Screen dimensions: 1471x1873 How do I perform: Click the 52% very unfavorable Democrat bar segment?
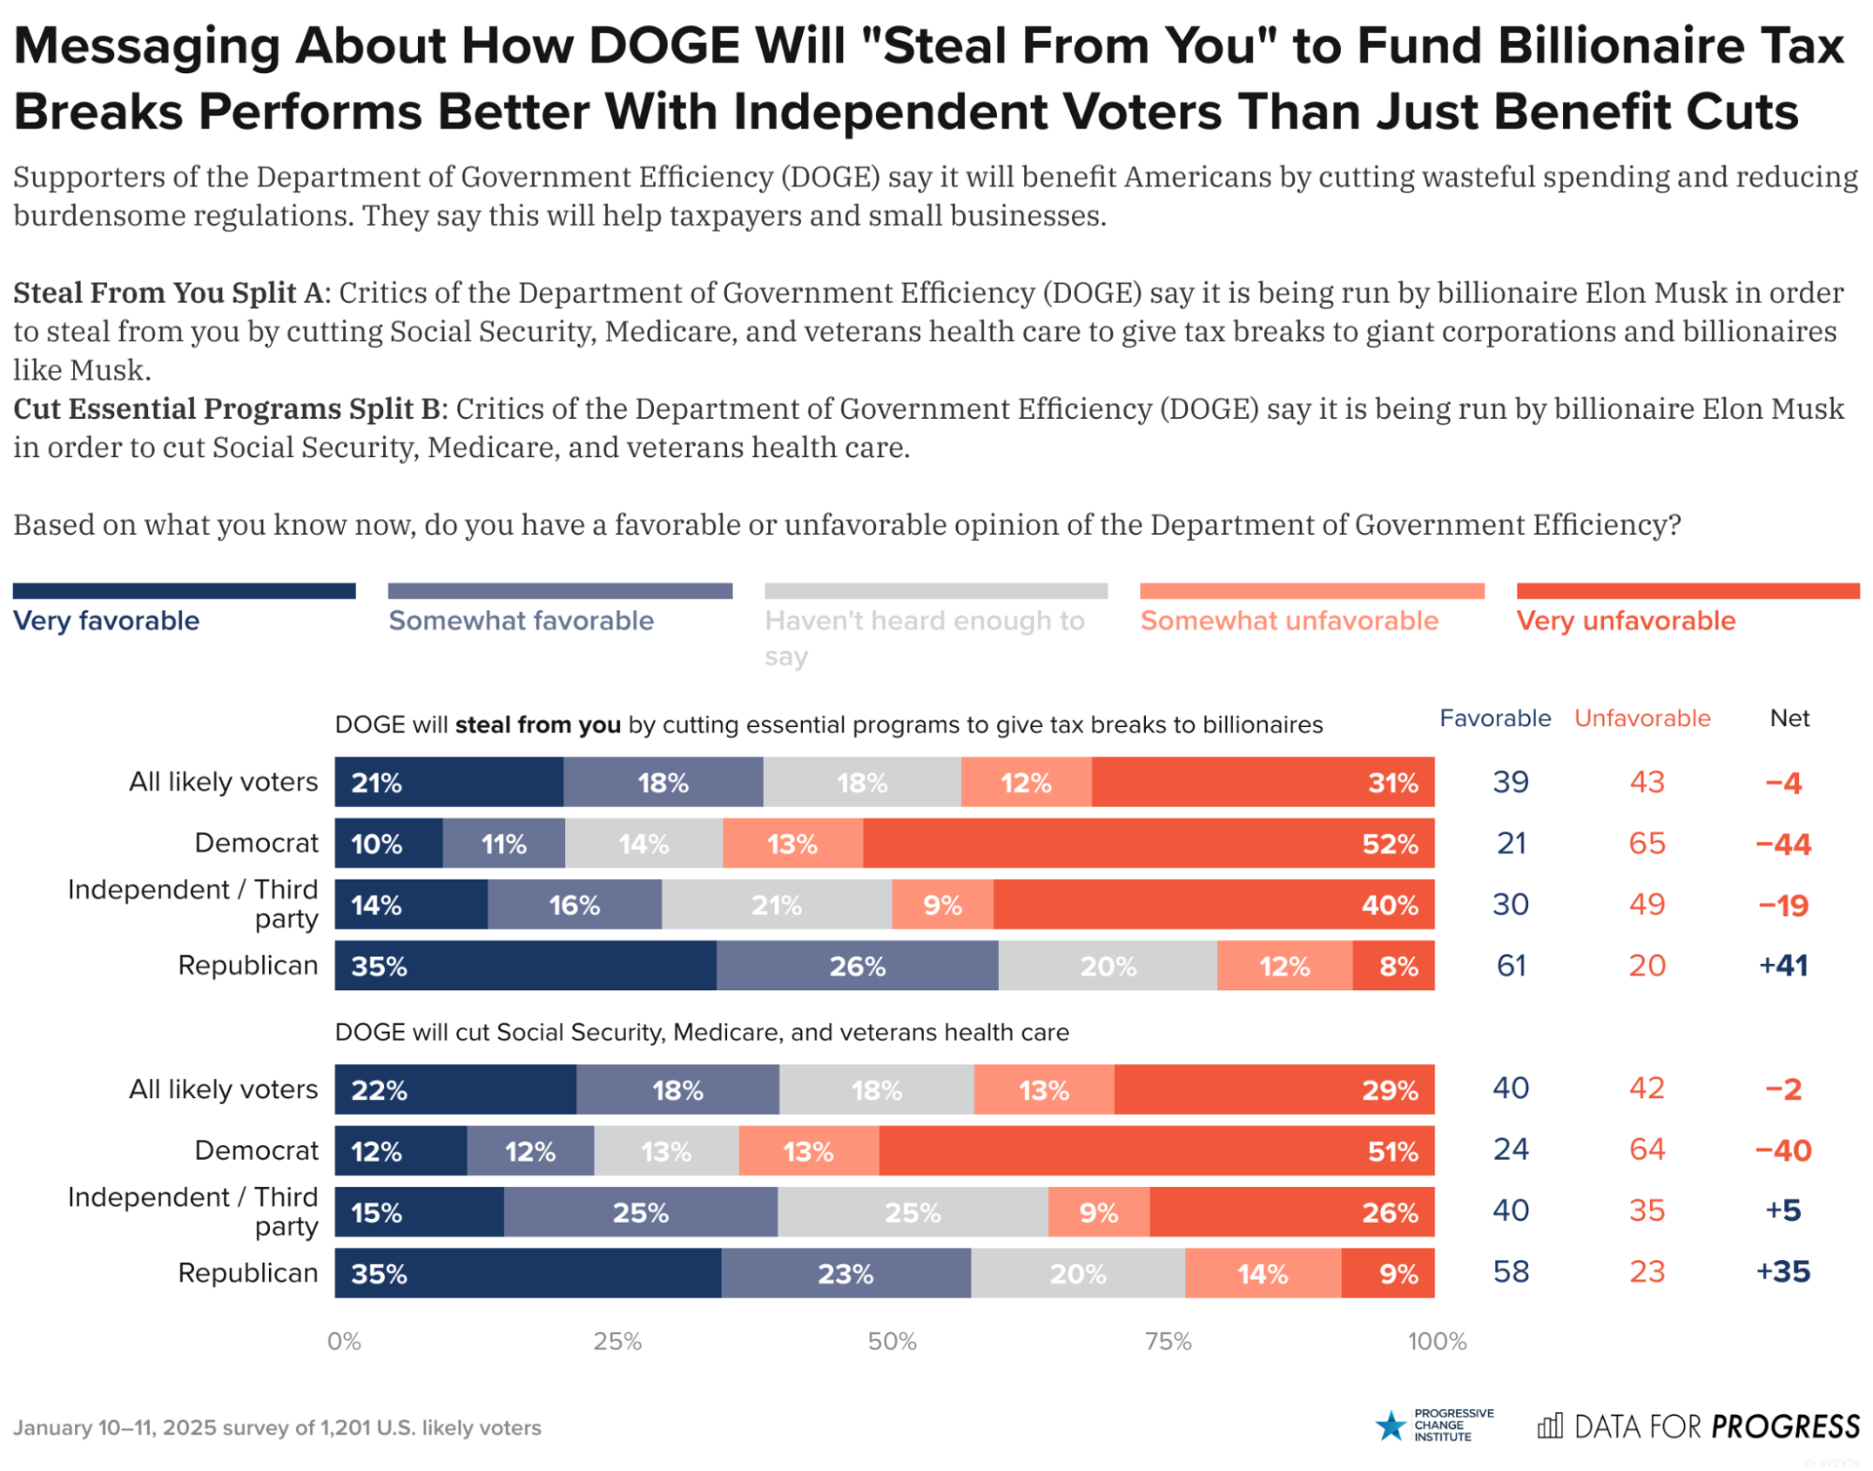point(1148,843)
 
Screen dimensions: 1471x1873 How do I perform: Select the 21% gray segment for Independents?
point(777,905)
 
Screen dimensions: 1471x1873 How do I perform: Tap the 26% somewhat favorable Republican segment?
point(857,966)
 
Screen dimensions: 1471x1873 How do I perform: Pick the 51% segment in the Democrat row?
point(1156,1151)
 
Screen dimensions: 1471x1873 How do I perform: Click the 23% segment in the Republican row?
point(845,1273)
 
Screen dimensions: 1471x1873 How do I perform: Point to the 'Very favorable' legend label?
point(106,620)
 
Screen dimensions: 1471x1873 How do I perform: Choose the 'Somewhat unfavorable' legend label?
point(1288,620)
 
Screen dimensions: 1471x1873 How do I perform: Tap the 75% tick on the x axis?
point(1167,1341)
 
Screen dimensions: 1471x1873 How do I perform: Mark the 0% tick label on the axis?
point(344,1341)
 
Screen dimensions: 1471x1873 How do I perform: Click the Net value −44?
point(1783,844)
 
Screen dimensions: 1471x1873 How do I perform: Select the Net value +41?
point(1783,966)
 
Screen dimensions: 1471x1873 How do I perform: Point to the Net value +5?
point(1783,1211)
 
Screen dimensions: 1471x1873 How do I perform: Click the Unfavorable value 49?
point(1646,905)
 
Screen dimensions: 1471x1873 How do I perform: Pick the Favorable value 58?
point(1510,1271)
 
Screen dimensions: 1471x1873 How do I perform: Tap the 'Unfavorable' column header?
point(1642,719)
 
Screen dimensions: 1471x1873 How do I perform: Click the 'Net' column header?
point(1789,719)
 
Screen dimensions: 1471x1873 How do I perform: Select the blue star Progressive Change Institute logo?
point(1390,1426)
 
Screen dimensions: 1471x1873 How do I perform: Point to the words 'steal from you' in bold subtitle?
point(538,724)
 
